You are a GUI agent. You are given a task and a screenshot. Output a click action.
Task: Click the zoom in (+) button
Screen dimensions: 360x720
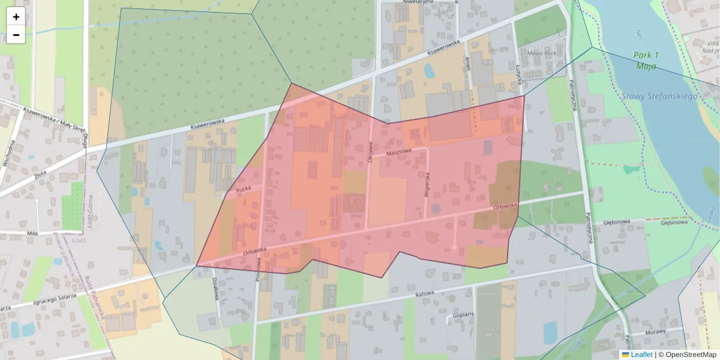pyautogui.click(x=16, y=17)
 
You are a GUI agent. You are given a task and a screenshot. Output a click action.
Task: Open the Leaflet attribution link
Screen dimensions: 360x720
pyautogui.click(x=641, y=355)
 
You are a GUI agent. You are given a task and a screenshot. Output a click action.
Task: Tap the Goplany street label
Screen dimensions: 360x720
pyautogui.click(x=463, y=314)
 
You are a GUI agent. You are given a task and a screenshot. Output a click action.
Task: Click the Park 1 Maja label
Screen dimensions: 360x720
pyautogui.click(x=646, y=61)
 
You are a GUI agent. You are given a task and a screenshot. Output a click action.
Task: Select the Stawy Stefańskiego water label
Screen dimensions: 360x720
pyautogui.click(x=659, y=96)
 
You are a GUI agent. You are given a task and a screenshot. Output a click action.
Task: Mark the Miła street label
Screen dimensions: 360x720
pyautogui.click(x=34, y=232)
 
